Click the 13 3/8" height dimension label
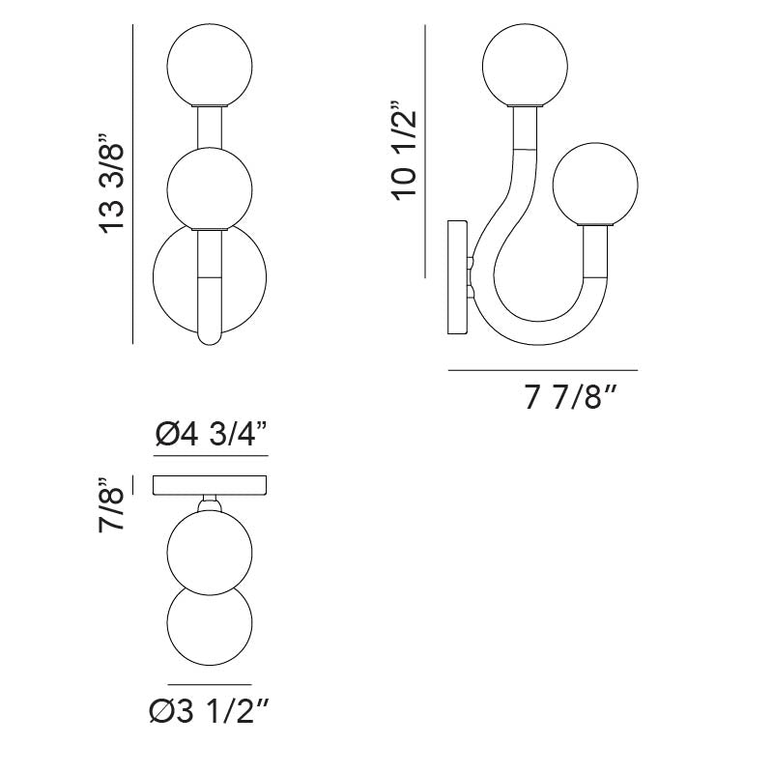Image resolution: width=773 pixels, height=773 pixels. pos(112,184)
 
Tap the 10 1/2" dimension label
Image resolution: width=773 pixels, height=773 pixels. pos(404,152)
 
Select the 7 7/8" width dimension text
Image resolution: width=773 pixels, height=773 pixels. pos(571,397)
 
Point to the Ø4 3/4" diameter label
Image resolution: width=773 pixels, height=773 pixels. pos(211,434)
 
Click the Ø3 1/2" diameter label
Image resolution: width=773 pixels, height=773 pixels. pos(209,711)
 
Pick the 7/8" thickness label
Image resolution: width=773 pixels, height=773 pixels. pos(111,504)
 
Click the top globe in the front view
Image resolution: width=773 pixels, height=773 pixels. pos(210,65)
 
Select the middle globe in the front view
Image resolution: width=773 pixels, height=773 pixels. pos(210,188)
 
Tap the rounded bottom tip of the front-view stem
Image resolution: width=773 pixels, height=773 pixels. pos(210,339)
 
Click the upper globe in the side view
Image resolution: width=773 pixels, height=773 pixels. pos(525,65)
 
